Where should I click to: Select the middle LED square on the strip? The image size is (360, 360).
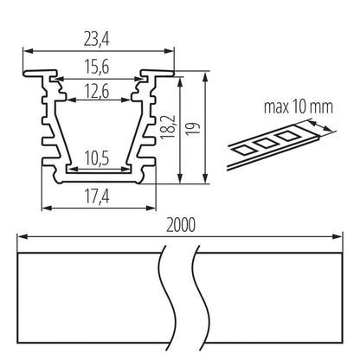(267, 140)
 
